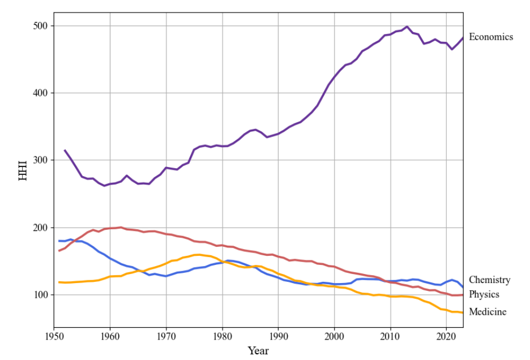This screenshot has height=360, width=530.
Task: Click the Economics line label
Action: click(x=491, y=37)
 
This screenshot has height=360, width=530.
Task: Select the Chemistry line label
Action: click(x=489, y=280)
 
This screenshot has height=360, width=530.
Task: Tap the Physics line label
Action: click(x=484, y=294)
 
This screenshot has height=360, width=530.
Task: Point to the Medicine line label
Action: click(x=488, y=311)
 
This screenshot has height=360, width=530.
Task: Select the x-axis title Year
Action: click(x=258, y=351)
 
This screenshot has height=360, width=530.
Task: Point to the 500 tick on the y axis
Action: click(x=42, y=26)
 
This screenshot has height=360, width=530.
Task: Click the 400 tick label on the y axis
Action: click(x=42, y=93)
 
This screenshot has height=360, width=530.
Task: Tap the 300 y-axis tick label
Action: click(x=42, y=160)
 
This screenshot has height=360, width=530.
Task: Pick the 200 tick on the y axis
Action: click(x=42, y=228)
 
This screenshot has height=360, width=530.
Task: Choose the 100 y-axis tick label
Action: click(x=42, y=295)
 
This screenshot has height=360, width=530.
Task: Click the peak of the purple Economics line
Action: click(x=407, y=27)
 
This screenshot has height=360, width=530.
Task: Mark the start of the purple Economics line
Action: click(x=65, y=150)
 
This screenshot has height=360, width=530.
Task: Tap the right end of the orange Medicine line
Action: click(x=463, y=312)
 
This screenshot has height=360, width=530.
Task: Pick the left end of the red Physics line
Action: click(x=59, y=250)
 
